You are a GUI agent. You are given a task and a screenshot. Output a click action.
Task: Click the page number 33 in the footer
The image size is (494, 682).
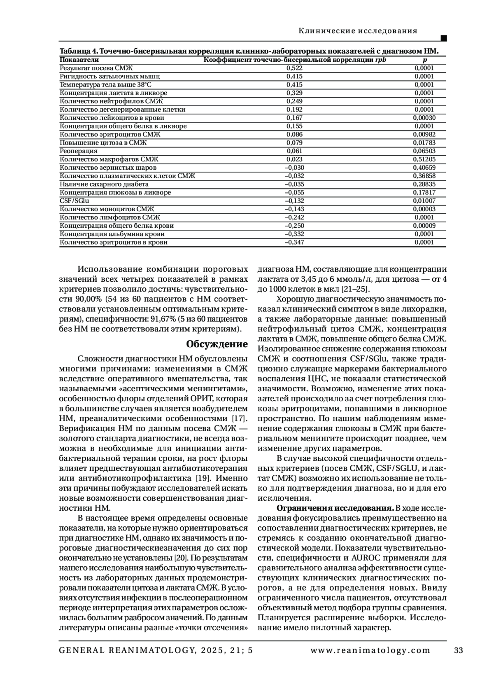click(x=458, y=650)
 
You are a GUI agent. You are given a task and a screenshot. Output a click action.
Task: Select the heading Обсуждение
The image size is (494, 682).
click(x=217, y=344)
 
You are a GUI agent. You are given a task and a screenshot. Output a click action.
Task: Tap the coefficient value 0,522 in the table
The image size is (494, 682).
click(x=294, y=68)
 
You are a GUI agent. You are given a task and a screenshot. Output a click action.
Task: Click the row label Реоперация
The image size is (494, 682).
click(x=79, y=151)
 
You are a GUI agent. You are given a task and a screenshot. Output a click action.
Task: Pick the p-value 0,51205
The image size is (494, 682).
click(x=424, y=159)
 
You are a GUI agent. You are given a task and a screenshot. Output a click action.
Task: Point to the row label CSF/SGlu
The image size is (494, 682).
click(x=74, y=201)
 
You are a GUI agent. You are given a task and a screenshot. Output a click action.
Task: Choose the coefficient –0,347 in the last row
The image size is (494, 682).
click(x=294, y=243)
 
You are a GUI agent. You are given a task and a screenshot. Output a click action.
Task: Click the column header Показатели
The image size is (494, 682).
click(x=79, y=60)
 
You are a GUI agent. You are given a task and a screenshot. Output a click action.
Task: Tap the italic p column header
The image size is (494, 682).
click(x=425, y=60)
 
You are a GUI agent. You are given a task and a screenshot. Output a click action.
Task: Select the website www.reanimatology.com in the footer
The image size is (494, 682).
click(x=370, y=650)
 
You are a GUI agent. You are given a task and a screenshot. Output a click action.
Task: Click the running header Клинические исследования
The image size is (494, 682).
click(x=357, y=31)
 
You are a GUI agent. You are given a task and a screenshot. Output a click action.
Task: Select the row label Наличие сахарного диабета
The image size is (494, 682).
click(x=104, y=184)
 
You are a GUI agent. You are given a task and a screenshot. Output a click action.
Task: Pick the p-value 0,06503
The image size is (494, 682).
click(x=424, y=151)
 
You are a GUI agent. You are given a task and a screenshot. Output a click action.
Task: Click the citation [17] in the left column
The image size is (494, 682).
click(x=239, y=419)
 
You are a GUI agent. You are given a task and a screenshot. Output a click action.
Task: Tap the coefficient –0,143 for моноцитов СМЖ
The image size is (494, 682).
click(x=294, y=209)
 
